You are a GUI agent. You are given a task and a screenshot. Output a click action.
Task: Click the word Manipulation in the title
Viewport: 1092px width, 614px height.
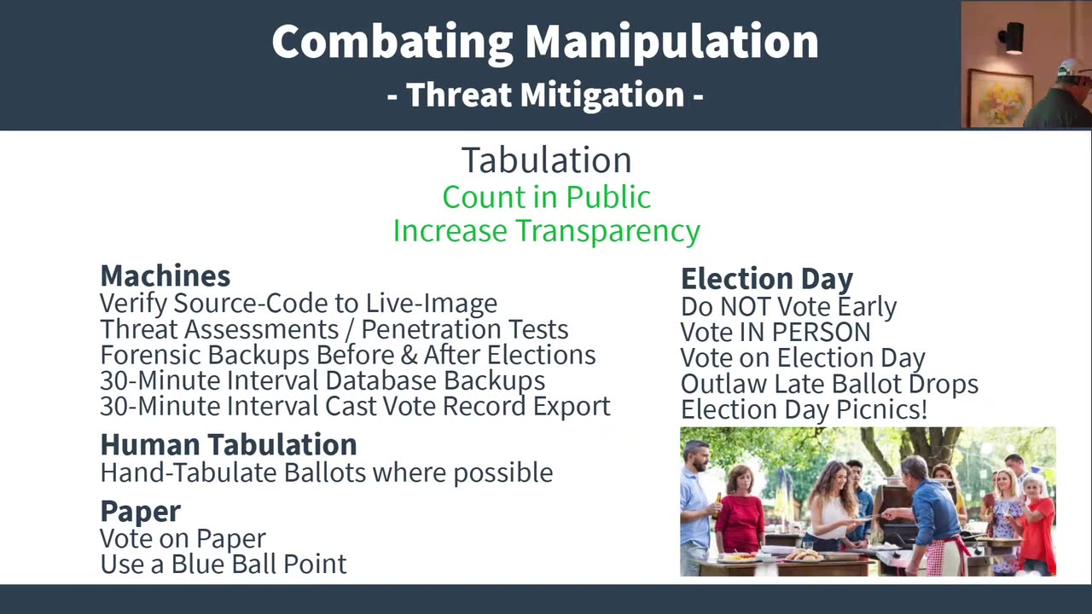(671, 42)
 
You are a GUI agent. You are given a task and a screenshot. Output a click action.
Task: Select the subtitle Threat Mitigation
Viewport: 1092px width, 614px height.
(545, 95)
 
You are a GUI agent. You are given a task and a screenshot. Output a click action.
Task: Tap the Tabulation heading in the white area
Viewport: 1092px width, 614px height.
(546, 160)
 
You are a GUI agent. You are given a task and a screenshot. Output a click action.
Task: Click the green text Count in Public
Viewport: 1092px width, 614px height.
(546, 197)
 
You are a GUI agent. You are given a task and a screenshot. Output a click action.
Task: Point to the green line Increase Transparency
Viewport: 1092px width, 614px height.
(546, 231)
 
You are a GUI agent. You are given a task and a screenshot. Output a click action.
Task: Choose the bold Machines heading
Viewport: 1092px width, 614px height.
(165, 275)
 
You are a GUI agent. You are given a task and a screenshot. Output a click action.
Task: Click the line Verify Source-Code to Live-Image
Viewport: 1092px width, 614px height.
(298, 304)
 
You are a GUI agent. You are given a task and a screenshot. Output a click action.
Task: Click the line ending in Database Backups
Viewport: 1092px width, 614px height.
(322, 380)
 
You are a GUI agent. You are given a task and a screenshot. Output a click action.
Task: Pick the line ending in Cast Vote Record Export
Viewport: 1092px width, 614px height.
(354, 406)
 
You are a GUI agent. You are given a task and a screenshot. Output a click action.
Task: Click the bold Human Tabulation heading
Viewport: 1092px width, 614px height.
(228, 444)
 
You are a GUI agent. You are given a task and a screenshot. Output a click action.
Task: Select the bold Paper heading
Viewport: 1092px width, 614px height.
(140, 511)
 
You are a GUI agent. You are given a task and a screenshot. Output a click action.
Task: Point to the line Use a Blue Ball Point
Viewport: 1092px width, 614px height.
(223, 564)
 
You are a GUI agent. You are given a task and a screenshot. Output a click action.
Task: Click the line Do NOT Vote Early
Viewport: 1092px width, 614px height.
(788, 307)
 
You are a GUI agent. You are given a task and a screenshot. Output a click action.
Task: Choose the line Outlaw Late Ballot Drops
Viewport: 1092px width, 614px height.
(828, 384)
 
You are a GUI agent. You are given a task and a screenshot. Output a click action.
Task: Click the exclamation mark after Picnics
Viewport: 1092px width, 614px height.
(923, 409)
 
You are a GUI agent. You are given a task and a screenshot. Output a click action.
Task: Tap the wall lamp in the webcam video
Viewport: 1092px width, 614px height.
(1012, 38)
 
